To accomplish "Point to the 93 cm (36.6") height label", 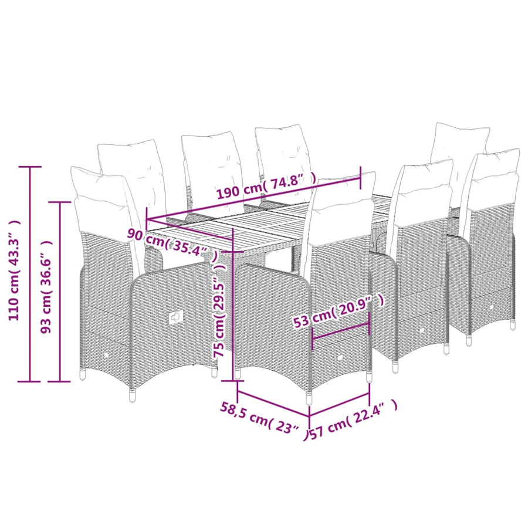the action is (46, 286).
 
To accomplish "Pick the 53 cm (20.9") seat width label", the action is (339, 310).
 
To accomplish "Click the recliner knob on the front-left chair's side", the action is (175, 317).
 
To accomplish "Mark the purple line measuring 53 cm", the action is (341, 331).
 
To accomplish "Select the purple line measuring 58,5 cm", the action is (273, 403).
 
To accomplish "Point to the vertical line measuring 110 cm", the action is (30, 274).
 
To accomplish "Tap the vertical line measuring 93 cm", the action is (60, 292).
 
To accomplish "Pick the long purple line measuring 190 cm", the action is (254, 199).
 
